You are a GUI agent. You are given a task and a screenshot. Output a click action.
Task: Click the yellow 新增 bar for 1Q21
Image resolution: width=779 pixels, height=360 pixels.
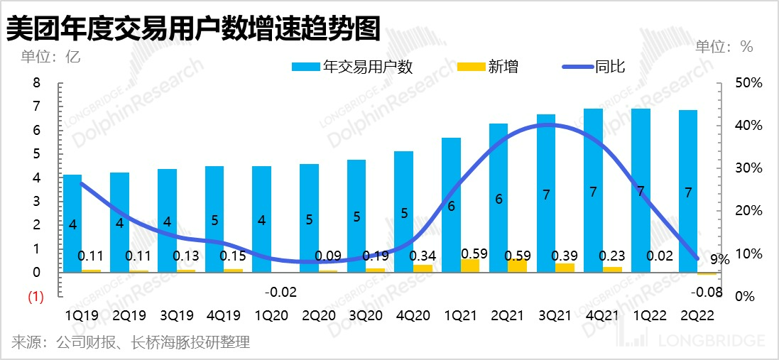[x=469, y=266]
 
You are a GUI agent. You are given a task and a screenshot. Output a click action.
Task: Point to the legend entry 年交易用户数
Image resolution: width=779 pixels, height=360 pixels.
[x=353, y=67]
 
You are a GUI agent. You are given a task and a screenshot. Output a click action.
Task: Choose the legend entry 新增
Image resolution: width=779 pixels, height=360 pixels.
[x=488, y=67]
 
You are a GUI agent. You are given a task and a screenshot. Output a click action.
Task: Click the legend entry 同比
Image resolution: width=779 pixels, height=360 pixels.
[x=594, y=67]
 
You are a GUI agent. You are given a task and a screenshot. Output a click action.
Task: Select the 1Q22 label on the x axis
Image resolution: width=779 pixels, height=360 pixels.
[x=640, y=314]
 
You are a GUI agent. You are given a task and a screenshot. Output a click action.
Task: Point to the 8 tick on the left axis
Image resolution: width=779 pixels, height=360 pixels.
[x=37, y=83]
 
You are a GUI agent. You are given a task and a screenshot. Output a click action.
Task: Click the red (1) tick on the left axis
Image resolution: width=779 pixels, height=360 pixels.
[x=36, y=297]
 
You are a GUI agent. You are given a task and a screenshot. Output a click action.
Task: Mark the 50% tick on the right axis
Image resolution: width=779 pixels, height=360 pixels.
[x=748, y=83]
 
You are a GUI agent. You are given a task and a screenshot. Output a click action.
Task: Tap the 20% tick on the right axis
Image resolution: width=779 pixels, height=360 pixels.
[x=748, y=211]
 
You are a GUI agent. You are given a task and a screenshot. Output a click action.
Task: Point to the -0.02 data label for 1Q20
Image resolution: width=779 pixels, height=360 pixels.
[x=280, y=292]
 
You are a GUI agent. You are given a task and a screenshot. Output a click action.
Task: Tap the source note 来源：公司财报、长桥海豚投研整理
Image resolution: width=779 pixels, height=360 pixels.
[x=131, y=344]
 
